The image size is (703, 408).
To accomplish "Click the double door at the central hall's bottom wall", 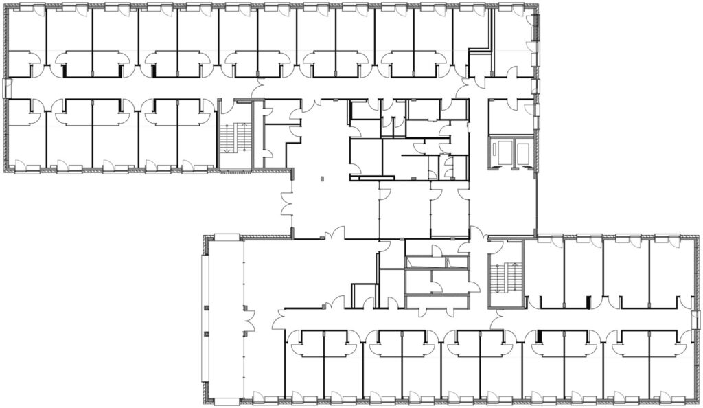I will pyautogui.click(x=336, y=236).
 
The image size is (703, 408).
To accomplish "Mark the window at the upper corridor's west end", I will pyautogui.click(x=7, y=87).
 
